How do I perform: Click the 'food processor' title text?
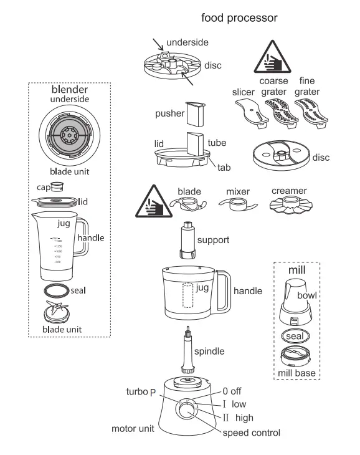[239, 18]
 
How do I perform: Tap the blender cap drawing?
[59, 185]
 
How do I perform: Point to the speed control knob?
[186, 410]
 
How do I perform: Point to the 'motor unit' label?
[133, 429]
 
